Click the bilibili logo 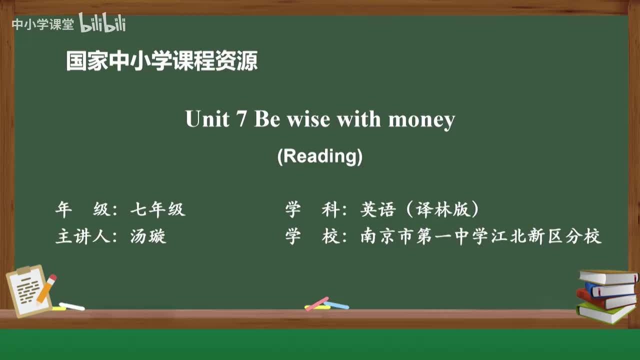tap(102, 23)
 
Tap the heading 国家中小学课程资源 tap(161, 61)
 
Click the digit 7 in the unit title tap(241, 119)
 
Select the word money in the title tap(421, 120)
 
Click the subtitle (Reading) tap(320, 156)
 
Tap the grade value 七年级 tap(157, 209)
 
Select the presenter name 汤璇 tap(148, 236)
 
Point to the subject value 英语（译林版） tap(419, 209)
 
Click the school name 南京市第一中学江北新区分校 tap(480, 236)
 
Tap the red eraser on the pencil tap(52, 278)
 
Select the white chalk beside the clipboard tap(71, 306)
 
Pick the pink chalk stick tap(317, 303)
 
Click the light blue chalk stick tap(337, 305)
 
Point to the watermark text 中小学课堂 tap(42, 24)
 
